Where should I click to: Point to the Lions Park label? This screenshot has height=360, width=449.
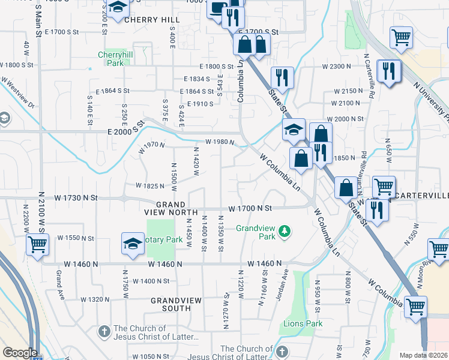point(303,324)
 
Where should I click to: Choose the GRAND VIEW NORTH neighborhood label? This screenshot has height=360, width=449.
point(170,208)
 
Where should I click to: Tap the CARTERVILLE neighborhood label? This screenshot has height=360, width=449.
point(423,196)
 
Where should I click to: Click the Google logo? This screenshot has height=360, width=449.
point(20,353)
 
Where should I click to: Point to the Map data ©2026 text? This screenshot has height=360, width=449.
point(423,355)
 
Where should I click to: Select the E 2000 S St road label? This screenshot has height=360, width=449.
point(127,131)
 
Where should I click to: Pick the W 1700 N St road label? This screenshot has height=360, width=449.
point(250,208)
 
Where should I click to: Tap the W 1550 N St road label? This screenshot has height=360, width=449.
point(76,238)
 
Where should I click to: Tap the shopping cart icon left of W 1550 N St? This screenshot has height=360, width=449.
point(37,245)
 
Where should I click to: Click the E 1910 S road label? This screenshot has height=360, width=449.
point(200,104)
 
